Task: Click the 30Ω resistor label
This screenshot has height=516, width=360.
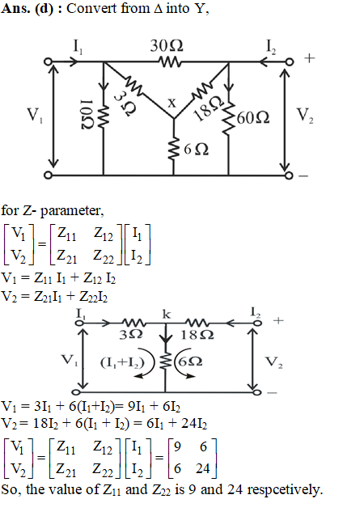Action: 167,46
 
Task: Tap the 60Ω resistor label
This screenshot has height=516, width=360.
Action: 253,117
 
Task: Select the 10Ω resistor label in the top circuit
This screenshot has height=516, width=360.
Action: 88,114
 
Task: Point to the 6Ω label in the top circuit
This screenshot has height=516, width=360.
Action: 196,150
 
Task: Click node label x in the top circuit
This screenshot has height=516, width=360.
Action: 172,103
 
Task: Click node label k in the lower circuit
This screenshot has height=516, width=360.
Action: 167,315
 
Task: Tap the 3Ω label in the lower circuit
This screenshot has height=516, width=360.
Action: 130,335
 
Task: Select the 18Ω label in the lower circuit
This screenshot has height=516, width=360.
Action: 197,335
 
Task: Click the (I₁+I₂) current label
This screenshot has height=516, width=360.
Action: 122,362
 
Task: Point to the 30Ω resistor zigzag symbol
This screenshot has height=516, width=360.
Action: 170,61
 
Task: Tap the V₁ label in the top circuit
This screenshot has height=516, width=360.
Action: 35,116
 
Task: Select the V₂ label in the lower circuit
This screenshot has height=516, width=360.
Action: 274,362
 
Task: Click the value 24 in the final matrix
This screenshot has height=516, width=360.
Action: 203,468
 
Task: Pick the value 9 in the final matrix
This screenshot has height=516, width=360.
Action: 177,446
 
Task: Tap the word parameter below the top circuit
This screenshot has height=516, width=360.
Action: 72,211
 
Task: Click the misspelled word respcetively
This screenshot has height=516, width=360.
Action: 285,489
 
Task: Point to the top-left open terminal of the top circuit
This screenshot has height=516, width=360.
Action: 48,61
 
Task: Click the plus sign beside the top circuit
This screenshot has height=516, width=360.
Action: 309,58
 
